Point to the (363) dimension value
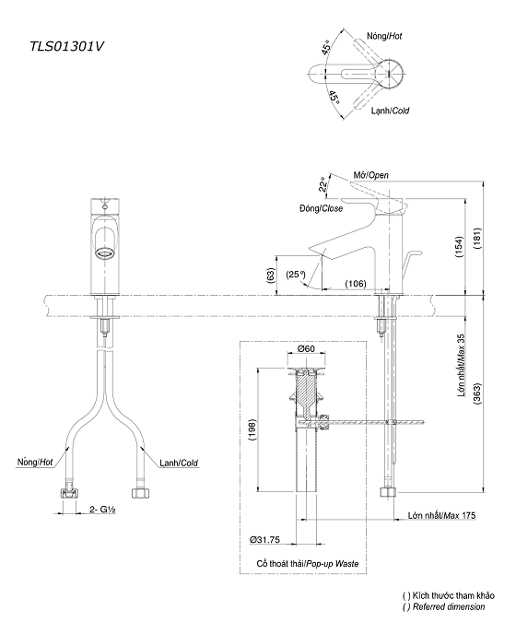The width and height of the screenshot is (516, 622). tap(476, 397)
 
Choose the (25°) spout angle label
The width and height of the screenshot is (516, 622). tap(295, 274)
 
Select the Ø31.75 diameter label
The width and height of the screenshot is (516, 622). tap(266, 540)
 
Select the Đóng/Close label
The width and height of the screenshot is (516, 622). tap(320, 209)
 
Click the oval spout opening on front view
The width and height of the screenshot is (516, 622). tap(107, 250)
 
